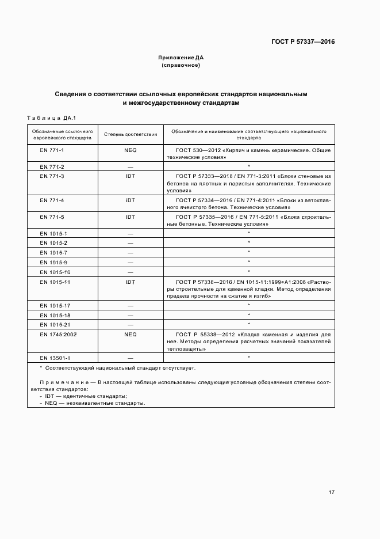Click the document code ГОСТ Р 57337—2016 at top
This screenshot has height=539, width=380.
click(x=302, y=41)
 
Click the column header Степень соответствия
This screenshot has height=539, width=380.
click(x=130, y=134)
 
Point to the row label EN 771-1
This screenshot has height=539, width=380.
click(x=52, y=150)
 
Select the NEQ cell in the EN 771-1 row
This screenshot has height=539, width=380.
click(x=130, y=150)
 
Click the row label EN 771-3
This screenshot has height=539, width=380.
click(x=52, y=176)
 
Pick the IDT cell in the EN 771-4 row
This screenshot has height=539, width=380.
click(x=130, y=200)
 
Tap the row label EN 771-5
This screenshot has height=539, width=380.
click(x=52, y=217)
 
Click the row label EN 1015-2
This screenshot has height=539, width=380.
click(x=53, y=243)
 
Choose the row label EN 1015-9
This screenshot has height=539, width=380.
click(x=53, y=262)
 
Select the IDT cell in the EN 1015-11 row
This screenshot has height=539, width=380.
click(x=130, y=282)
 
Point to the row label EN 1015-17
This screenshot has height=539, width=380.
click(x=55, y=305)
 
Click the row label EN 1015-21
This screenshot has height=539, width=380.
click(x=55, y=324)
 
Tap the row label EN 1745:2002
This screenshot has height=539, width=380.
click(x=59, y=334)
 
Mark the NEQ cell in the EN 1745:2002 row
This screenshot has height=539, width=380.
click(x=130, y=334)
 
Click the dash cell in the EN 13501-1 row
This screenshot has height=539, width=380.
click(x=130, y=358)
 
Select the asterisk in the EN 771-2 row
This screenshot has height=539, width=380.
click(x=248, y=166)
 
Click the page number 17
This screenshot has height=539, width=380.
click(x=332, y=492)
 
